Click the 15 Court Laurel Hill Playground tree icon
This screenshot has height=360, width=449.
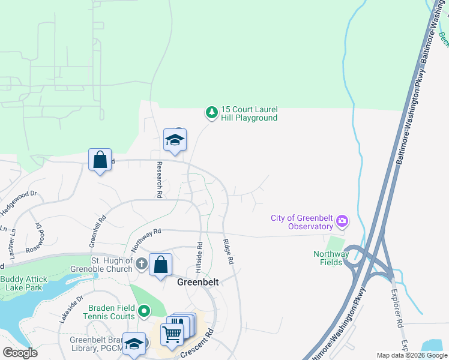(211, 112)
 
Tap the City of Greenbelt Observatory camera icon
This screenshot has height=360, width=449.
(342, 222)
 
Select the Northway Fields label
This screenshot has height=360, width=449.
(331, 258)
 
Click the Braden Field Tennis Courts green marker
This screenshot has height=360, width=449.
(143, 311)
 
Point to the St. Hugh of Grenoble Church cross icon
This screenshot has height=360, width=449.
(141, 264)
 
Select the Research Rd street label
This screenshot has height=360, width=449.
(160, 179)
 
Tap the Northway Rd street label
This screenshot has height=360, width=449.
(146, 238)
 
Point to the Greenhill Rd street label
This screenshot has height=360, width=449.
(98, 230)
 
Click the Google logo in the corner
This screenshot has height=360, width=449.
(20, 353)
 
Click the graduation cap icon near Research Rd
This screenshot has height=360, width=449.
(175, 140)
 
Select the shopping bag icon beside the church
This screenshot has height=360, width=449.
(161, 265)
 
